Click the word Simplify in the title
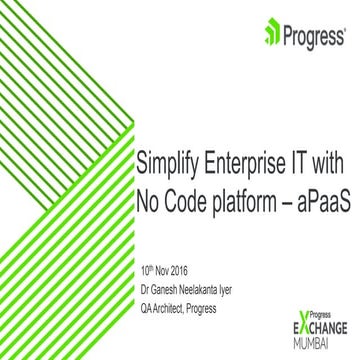(166, 164)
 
